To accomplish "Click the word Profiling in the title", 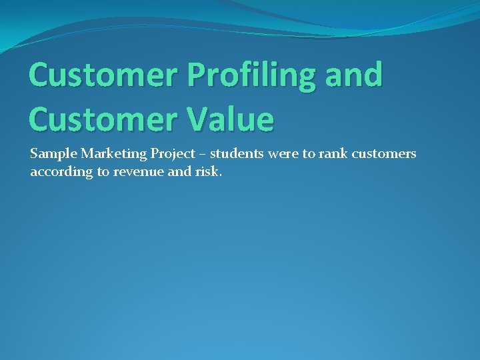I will pyautogui.click(x=233, y=75).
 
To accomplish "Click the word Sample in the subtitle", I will pyautogui.click(x=53, y=154).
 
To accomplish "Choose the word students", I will pyautogui.click(x=237, y=154).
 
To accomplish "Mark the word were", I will pyautogui.click(x=283, y=155).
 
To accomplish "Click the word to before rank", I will pyautogui.click(x=308, y=155).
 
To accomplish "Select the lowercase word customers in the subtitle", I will pyautogui.click(x=383, y=155).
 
